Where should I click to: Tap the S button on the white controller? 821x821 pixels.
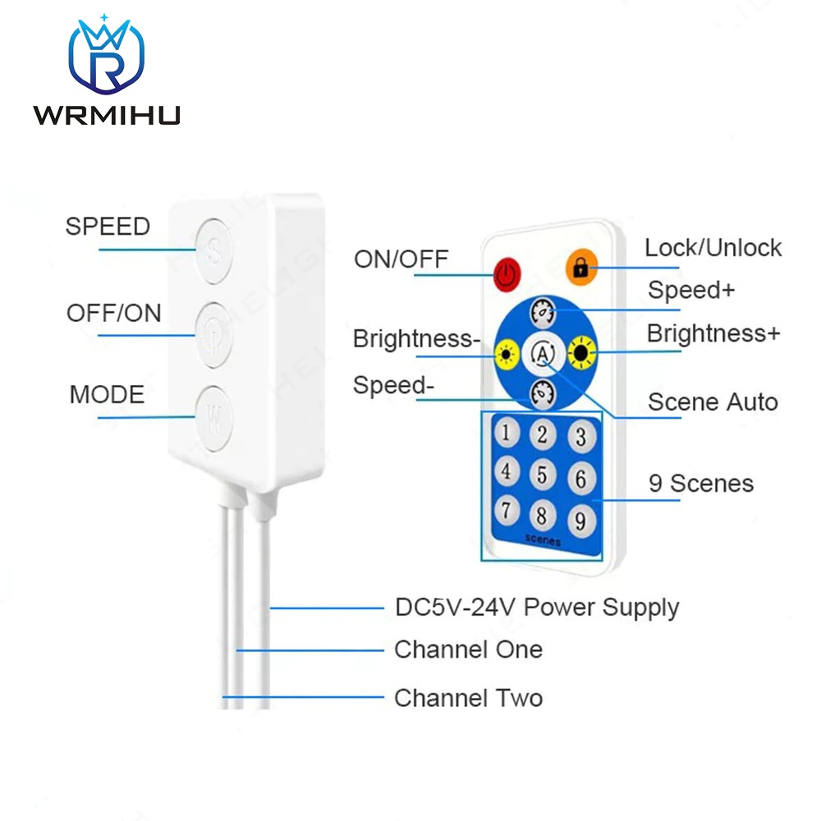pos(213,250)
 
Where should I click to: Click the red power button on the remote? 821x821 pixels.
pos(507,273)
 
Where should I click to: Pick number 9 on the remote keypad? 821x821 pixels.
pos(580,519)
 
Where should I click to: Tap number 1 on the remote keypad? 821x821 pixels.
pos(507,432)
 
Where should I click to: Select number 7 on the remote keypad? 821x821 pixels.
pos(507,510)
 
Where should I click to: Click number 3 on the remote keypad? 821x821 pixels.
pos(580,436)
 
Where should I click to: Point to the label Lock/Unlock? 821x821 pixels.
pos(713,248)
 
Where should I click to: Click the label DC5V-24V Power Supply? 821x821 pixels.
pos(537,608)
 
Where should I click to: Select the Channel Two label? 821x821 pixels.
pos(468,698)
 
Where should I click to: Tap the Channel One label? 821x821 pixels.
pos(468,650)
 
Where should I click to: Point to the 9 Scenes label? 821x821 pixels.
pos(700,484)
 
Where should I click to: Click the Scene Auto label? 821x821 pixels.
pos(712,402)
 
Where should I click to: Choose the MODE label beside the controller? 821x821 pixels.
pos(107,394)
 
